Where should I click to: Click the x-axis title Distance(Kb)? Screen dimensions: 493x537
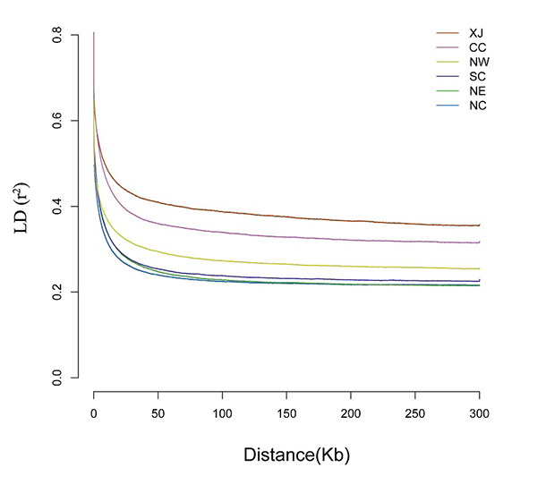tap(296, 455)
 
